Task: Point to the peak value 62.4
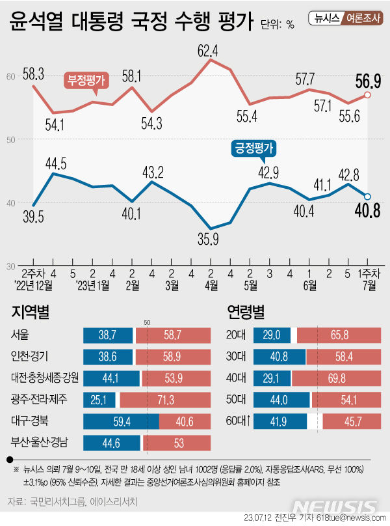[207, 49]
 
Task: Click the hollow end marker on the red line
[368, 95]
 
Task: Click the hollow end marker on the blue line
[368, 197]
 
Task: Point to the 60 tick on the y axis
[11, 77]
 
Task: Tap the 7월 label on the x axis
[368, 284]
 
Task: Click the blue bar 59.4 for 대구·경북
[121, 421]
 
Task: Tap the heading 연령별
[246, 312]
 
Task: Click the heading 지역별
[29, 312]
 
